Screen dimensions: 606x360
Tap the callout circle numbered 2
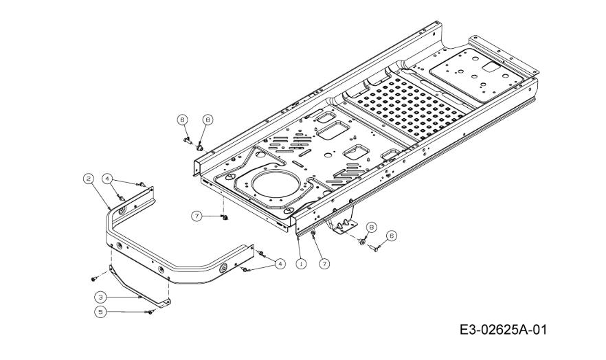coord(89,179)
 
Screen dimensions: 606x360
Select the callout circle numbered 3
coord(100,297)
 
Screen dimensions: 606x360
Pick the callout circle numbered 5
coord(100,312)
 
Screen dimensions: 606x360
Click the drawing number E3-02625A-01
coord(503,330)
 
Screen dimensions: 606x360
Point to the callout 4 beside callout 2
coord(107,179)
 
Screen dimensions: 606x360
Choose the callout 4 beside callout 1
coord(280,263)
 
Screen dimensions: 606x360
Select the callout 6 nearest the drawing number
coord(392,235)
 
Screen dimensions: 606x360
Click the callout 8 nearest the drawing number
coord(372,227)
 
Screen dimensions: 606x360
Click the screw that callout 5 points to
coord(150,312)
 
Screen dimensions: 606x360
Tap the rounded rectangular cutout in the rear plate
coord(491,67)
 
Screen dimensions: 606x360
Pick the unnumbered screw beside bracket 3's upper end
coord(93,278)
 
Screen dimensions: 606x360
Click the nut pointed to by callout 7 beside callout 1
coord(313,234)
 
